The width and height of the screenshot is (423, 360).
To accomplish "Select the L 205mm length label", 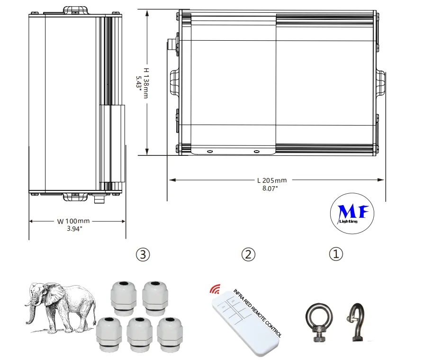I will pyautogui.click(x=272, y=180).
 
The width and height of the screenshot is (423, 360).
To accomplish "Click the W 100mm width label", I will pyautogui.click(x=73, y=221).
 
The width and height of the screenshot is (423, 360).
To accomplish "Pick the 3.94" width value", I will pyautogui.click(x=74, y=229).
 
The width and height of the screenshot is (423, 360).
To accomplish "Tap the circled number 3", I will pyautogui.click(x=143, y=254).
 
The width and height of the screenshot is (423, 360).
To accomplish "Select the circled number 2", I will pyautogui.click(x=248, y=254).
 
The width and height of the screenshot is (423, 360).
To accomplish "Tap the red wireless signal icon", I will pyautogui.click(x=216, y=289).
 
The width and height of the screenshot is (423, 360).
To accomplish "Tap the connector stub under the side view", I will pyautogui.click(x=99, y=200).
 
